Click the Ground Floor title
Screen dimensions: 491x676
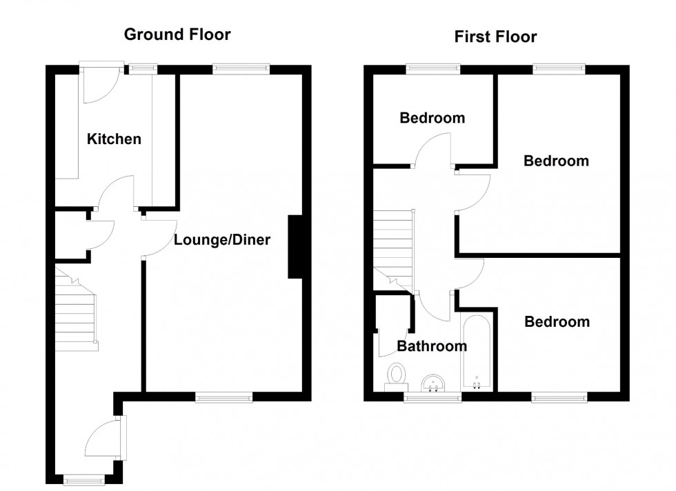177,34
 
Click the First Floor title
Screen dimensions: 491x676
495,37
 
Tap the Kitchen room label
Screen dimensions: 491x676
114,139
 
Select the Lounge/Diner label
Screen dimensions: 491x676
221,241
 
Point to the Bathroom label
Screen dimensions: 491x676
432,346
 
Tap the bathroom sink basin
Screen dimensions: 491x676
433,382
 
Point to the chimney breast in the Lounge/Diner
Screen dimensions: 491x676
295,247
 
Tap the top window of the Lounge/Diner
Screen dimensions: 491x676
240,68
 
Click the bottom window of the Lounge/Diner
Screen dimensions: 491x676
223,397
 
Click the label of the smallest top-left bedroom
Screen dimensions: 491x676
433,118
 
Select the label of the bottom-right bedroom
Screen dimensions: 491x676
557,322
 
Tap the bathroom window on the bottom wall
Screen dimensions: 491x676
433,397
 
